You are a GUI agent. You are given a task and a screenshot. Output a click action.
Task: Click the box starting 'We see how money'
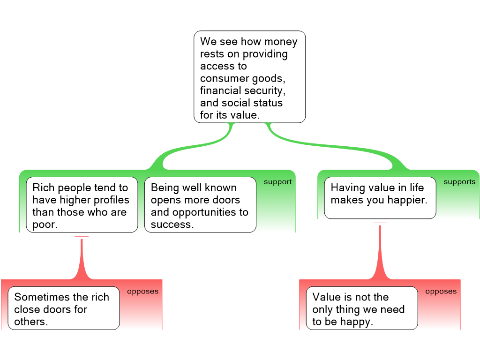(x=249, y=77)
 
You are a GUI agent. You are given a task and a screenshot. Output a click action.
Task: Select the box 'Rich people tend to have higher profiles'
(x=82, y=205)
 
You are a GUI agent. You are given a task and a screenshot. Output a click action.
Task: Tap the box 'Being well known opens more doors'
(x=200, y=205)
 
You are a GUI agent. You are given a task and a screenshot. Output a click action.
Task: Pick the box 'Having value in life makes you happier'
(x=380, y=198)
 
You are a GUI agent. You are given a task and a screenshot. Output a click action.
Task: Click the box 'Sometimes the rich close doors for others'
(x=64, y=308)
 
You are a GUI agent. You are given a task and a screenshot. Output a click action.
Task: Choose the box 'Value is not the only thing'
(x=362, y=308)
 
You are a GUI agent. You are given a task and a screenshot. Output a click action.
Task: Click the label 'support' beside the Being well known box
(x=277, y=182)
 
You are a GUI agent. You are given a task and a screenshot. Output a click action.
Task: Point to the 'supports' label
(x=459, y=182)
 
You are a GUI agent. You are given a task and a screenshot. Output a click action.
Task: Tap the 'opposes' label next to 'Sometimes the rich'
(x=142, y=292)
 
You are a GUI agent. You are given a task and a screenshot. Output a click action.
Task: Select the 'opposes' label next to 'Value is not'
(x=441, y=292)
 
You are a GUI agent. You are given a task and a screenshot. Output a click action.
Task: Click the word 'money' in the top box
(x=281, y=42)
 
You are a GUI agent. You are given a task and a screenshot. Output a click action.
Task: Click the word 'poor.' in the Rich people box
(x=45, y=225)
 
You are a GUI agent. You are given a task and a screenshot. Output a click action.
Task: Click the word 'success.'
(x=172, y=225)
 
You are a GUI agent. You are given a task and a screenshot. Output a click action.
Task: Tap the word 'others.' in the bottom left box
(x=31, y=322)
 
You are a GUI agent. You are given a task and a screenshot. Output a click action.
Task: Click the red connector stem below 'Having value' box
(x=380, y=252)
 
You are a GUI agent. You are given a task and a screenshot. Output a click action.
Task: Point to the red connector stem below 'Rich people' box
(x=82, y=259)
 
